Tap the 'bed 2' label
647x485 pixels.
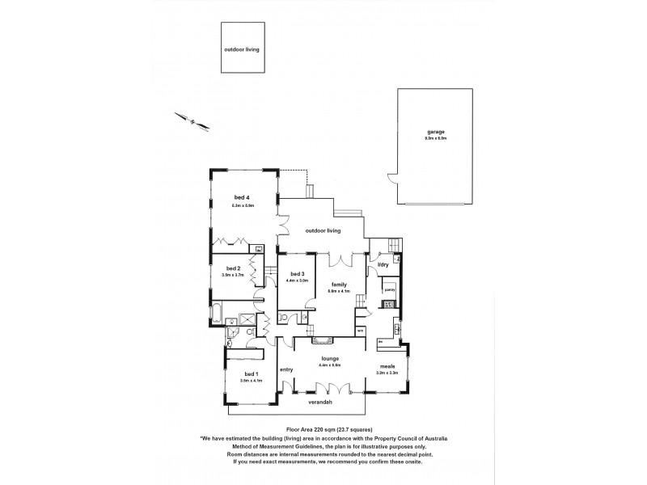coord(233,268)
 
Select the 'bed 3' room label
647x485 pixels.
coord(297,273)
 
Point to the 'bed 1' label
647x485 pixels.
coord(251,373)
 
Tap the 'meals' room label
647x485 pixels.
coord(388,365)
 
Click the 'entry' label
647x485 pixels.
coord(285,369)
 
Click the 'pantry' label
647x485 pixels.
coord(389,288)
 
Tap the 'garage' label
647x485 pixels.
coord(437,132)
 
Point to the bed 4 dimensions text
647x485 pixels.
coord(243,205)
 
